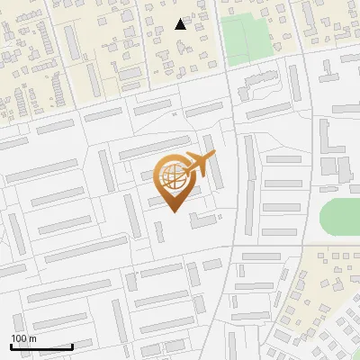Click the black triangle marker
point(181,24)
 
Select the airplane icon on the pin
point(197,165)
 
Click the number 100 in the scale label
point(19,337)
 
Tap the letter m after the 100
point(33,337)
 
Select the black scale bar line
point(41,346)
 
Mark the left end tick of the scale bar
point(12,345)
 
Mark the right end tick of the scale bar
point(72,345)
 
